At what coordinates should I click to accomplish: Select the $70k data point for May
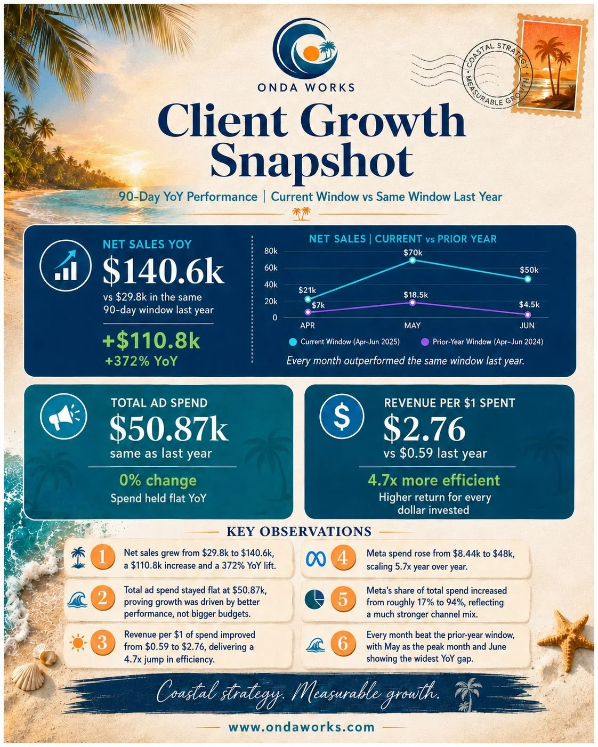412,260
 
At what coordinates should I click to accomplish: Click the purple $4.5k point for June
528,314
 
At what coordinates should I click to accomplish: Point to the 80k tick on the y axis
271,251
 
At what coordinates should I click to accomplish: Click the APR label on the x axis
308,325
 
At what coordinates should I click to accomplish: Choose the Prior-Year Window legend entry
482,342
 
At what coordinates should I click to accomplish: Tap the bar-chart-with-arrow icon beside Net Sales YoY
65,265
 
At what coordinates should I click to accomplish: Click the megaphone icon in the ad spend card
63,417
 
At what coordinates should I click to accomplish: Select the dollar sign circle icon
342,415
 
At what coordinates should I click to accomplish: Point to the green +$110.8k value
151,341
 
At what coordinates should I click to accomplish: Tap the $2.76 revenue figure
424,429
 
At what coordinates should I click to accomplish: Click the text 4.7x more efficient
434,481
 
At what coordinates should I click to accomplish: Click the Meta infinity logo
316,558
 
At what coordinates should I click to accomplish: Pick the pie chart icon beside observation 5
314,599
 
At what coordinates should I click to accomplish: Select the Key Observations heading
299,531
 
